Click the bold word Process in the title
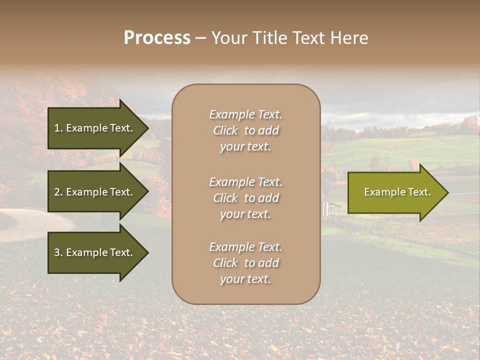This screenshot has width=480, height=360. pos(157,38)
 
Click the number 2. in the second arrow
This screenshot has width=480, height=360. pos(58,192)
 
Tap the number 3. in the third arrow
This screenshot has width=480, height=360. pos(58,252)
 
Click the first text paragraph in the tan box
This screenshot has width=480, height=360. pos(245,130)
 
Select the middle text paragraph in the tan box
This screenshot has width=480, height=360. pos(245,198)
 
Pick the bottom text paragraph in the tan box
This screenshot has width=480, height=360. pos(245,263)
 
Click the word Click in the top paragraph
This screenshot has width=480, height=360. pos(225,130)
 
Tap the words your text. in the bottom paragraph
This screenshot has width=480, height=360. pos(245,279)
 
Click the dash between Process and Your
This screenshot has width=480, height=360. pos(200,38)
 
